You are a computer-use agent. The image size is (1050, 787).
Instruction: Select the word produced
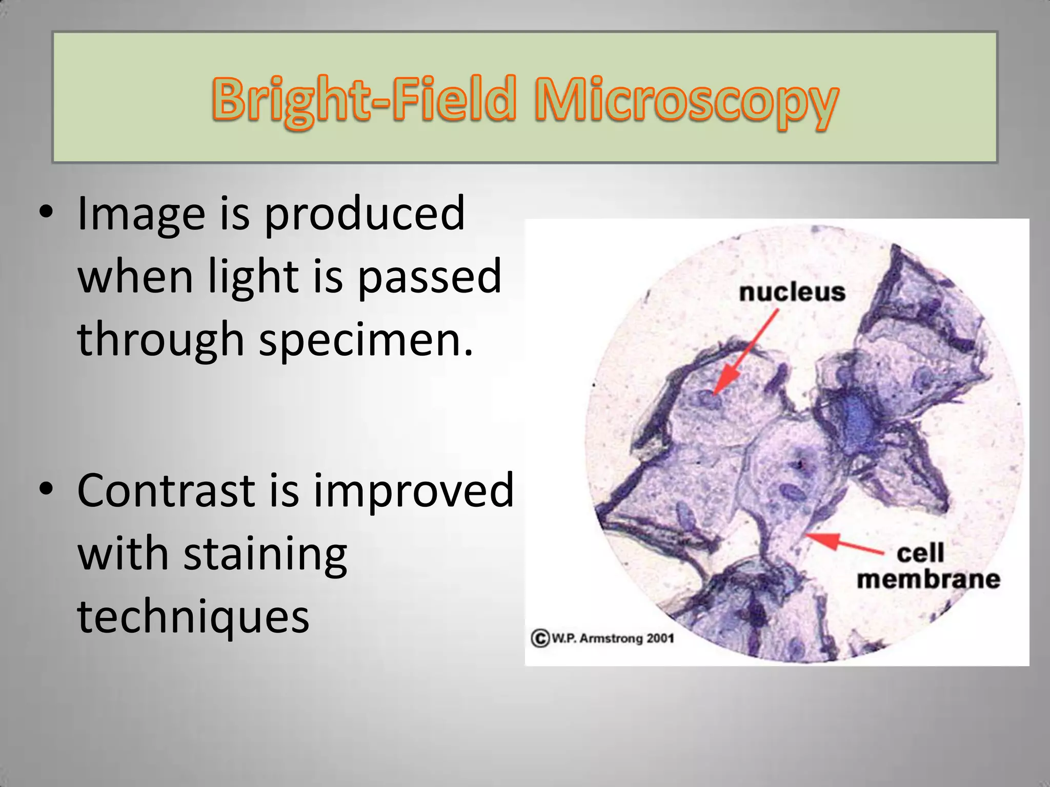(x=364, y=214)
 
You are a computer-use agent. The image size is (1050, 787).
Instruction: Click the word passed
(x=429, y=277)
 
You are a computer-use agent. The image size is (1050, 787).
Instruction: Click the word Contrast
(x=166, y=491)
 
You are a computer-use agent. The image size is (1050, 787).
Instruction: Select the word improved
(x=413, y=491)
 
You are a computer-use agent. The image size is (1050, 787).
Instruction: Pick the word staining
(x=265, y=554)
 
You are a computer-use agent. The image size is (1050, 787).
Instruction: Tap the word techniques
(x=193, y=617)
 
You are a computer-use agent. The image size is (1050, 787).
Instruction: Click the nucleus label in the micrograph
(x=792, y=293)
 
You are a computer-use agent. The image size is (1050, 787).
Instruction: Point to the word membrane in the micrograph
(x=928, y=579)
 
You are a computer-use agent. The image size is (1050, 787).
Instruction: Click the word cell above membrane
(x=920, y=553)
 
